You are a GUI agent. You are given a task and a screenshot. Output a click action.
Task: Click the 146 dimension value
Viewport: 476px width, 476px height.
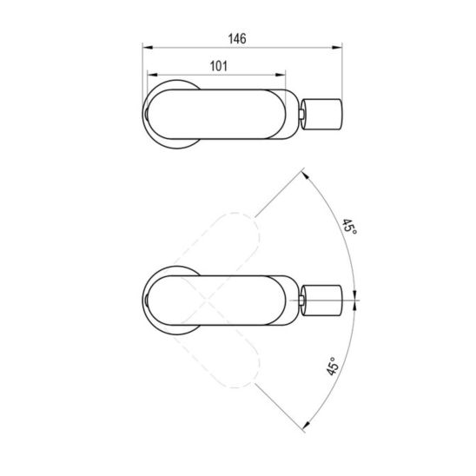tap(237, 39)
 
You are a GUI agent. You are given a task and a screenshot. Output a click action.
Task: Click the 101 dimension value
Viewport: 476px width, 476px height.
tap(219, 66)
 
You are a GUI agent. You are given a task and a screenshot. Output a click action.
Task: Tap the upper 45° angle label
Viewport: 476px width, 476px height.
tap(350, 227)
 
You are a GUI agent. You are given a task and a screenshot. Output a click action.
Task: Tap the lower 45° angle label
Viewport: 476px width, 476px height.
tap(333, 366)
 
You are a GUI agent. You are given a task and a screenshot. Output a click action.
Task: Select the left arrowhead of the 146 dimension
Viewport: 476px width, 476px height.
tap(148, 48)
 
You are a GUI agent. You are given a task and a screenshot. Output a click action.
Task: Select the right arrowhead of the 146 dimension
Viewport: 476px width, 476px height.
tap(337, 48)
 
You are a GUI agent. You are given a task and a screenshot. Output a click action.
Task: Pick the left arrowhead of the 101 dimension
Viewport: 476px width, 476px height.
tap(152, 75)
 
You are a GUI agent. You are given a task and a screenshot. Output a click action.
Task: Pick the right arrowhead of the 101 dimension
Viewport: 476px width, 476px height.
tap(281, 75)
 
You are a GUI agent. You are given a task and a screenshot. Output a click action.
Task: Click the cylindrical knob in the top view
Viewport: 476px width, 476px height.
tap(321, 114)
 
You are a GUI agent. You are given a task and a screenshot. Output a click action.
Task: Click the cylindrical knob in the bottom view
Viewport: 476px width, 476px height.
tap(321, 301)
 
